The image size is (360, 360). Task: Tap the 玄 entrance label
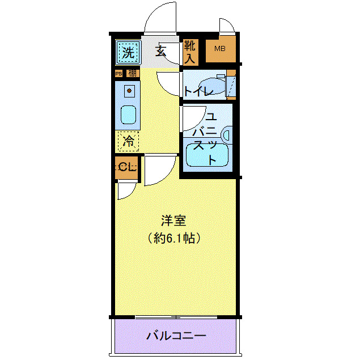pos(160,52)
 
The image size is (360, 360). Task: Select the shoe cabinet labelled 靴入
pos(189,51)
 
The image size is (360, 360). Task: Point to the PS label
pos(118,73)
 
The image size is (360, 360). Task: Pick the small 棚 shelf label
pos(132,73)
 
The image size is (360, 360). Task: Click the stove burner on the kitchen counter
pos(129,91)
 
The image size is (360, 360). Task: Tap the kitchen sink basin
pos(129,115)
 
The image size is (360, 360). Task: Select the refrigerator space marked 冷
pos(129,141)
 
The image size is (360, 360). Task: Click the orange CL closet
pos(126,167)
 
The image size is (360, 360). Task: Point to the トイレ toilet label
pos(197,91)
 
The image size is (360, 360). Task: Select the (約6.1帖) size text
pos(173,239)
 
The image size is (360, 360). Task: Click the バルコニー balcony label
pos(176,336)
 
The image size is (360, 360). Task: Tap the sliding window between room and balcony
pos(176,316)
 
